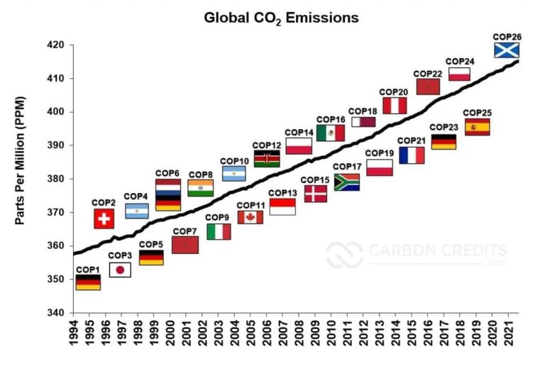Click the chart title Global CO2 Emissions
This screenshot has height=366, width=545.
click(281, 17)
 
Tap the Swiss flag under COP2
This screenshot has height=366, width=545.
click(104, 218)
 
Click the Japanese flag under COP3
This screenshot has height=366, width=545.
click(120, 270)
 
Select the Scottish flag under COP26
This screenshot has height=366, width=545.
click(507, 50)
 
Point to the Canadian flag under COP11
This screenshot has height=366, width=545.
click(250, 217)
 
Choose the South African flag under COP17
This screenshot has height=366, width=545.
click(346, 182)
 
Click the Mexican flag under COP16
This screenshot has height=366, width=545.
click(331, 133)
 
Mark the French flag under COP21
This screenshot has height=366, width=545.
click(412, 155)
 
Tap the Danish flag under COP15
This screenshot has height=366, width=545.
click(315, 194)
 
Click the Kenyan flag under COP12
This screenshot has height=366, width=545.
click(266, 159)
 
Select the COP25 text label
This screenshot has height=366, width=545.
click(477, 113)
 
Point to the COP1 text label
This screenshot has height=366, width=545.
click(88, 270)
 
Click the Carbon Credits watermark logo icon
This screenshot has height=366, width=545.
click(344, 255)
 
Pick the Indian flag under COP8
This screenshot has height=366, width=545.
click(200, 188)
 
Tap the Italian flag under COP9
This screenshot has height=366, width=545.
click(219, 231)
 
